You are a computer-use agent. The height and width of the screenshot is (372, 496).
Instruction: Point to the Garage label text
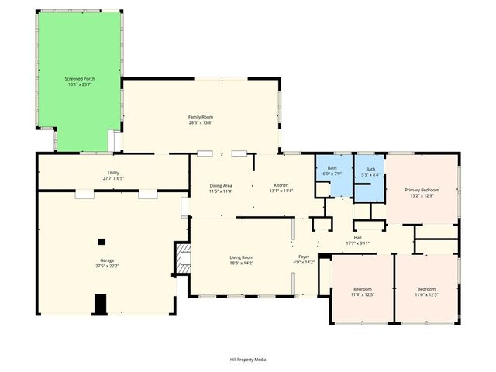point(107,261)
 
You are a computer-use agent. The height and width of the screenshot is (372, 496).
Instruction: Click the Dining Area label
point(222,186)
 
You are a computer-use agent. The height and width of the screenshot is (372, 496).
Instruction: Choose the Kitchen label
point(281,186)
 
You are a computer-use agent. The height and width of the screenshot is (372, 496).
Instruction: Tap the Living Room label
point(241,259)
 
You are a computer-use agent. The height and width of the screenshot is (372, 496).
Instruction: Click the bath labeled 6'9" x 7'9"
point(332,170)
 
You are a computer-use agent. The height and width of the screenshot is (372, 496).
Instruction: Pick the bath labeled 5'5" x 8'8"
point(370,171)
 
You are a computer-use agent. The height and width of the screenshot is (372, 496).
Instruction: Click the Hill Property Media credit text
point(248,360)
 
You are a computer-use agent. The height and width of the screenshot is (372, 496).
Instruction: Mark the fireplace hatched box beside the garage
point(183,259)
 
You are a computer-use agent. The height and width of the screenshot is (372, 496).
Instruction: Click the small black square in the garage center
point(101,242)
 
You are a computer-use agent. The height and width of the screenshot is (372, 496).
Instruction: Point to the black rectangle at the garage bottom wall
point(100,305)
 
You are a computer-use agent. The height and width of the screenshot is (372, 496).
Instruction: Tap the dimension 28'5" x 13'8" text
point(200,122)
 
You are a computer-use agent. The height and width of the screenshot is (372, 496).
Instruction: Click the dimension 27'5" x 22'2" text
point(107,266)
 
